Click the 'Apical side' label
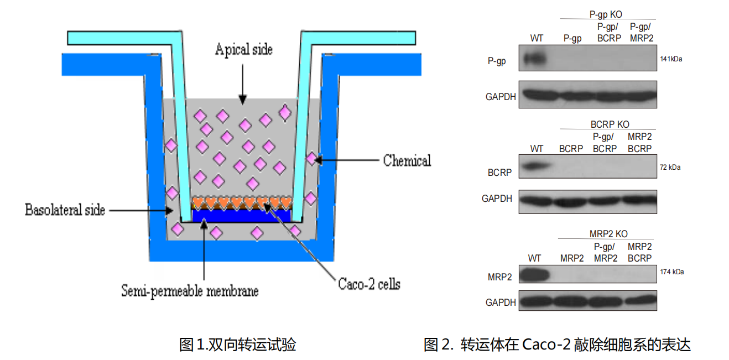[x=243, y=50]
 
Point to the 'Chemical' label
[x=407, y=161]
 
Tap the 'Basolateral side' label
[x=65, y=210]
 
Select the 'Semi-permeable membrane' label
[x=190, y=290]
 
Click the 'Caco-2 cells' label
[x=369, y=285]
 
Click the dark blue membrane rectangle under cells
[x=241, y=215]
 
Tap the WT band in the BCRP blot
[x=535, y=166]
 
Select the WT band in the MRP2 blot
[x=535, y=274]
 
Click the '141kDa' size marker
[x=671, y=59]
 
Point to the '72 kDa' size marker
[x=670, y=167]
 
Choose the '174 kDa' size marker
[x=671, y=272]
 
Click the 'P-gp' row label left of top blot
[x=496, y=61]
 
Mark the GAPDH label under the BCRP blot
[x=497, y=198]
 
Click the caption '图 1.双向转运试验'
[x=238, y=345]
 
